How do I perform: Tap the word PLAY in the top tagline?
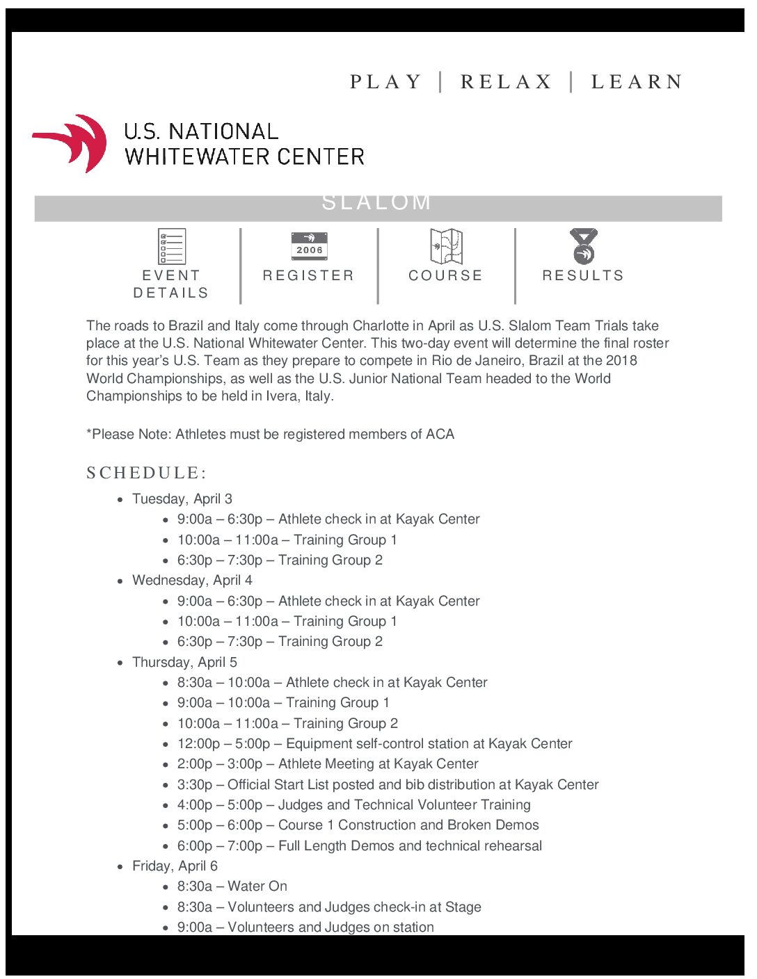(386, 82)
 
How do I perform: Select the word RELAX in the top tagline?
(506, 82)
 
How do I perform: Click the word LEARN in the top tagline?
(637, 82)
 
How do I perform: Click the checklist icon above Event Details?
(172, 246)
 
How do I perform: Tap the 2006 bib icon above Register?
(309, 246)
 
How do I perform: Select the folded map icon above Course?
(446, 246)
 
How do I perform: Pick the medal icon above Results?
(583, 246)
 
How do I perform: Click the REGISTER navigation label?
(308, 275)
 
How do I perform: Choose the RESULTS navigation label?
(583, 275)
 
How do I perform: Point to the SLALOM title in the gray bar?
(376, 202)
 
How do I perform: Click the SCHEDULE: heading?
(146, 473)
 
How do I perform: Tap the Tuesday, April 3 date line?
(182, 499)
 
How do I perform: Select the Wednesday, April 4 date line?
(192, 580)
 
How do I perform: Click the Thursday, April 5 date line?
(184, 662)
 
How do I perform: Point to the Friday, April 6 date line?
(175, 866)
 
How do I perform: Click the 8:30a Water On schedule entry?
(232, 886)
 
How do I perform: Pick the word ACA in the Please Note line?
(440, 434)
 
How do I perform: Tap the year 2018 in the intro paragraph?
(621, 360)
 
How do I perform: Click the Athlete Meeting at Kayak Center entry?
(328, 763)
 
